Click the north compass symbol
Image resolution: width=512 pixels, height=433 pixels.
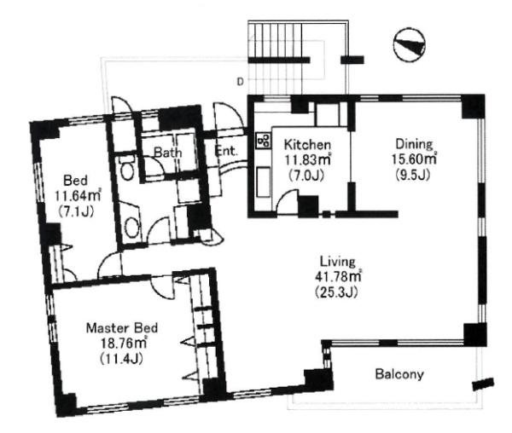click(410, 44)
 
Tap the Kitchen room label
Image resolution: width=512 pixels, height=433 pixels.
click(307, 144)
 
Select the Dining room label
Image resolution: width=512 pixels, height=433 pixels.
click(414, 144)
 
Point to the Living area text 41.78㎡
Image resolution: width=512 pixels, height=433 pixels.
click(338, 276)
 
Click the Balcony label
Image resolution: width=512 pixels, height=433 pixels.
click(399, 374)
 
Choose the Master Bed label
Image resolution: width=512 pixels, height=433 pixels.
click(122, 327)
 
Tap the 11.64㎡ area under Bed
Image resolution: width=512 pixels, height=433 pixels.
click(78, 196)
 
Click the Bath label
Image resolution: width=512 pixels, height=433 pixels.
click(168, 153)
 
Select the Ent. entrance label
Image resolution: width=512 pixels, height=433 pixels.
click(225, 151)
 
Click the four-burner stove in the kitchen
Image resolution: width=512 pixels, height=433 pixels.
click(264, 141)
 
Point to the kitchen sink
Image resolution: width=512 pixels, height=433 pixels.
click(263, 182)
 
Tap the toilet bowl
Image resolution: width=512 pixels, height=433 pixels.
click(127, 168)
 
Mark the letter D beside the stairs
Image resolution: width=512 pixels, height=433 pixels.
click(240, 82)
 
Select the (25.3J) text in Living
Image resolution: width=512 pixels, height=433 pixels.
click(336, 292)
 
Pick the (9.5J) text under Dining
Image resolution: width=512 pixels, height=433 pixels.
click(413, 175)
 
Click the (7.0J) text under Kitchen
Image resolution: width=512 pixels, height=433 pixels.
click(306, 176)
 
